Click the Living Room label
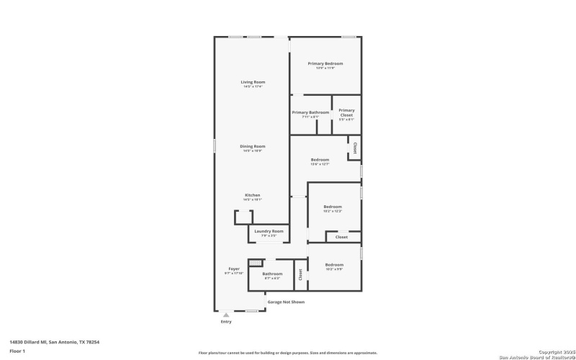253,82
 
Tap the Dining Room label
253,146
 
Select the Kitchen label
252,195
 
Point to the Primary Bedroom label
325,63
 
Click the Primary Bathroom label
310,112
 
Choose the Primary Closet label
346,112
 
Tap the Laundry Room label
268,231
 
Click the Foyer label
234,269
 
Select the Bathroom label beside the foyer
272,274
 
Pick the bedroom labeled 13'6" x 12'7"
320,159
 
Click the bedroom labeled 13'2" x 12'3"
332,207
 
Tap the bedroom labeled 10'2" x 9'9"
334,264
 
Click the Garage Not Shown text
286,302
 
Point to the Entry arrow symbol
226,315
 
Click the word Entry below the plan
226,322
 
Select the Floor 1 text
17,351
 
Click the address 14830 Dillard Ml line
55,342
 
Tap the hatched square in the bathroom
253,264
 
